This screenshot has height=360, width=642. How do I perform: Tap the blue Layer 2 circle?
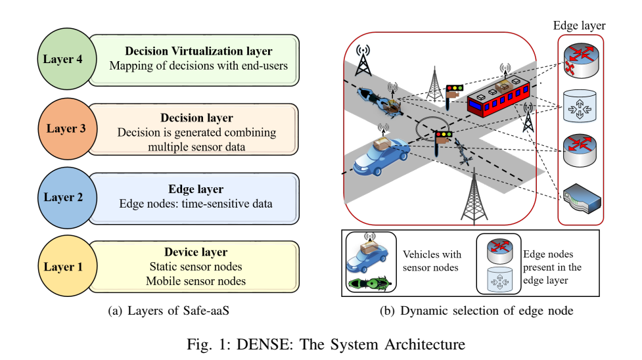[62, 197]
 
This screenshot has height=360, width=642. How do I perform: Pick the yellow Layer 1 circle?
[63, 267]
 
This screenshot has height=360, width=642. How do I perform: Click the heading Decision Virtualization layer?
[198, 51]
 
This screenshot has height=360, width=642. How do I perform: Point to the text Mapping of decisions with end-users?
[198, 66]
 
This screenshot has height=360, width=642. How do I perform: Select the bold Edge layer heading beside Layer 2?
[196, 189]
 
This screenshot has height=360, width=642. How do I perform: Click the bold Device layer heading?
[196, 252]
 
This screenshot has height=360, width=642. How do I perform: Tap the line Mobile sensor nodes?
[196, 281]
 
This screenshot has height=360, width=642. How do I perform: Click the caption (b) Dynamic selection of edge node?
[476, 311]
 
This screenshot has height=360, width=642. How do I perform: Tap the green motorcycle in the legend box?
[370, 284]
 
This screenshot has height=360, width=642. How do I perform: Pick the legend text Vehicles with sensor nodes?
[432, 261]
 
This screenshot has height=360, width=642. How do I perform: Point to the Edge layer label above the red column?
[581, 25]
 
